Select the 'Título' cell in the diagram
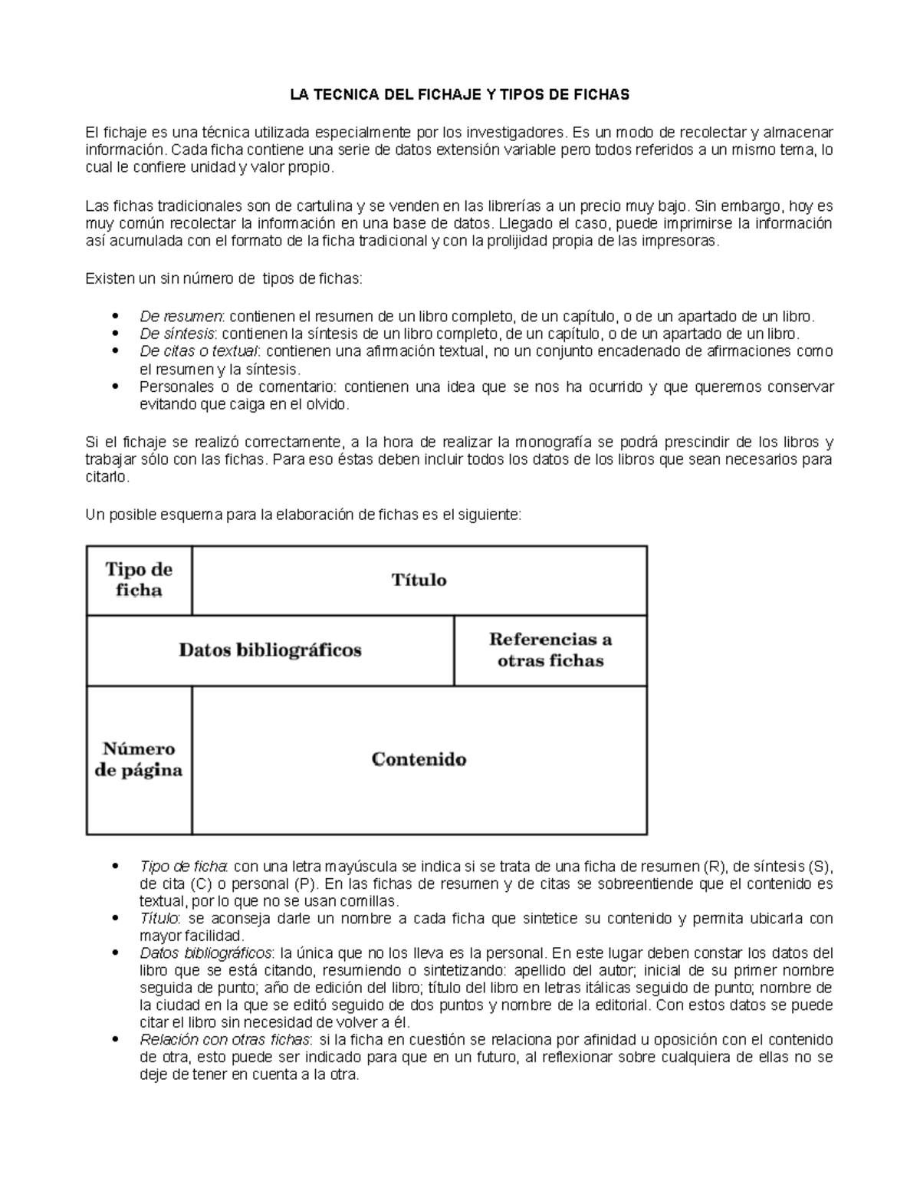coord(419,580)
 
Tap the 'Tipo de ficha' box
coord(139,580)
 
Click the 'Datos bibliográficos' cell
coord(270,650)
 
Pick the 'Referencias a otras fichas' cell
coord(550,650)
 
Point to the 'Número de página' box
coord(139,759)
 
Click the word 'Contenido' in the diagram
coord(419,759)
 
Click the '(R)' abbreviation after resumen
coord(713,867)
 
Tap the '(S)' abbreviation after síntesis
coord(819,867)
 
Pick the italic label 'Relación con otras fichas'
coord(225,1040)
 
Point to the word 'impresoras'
coord(682,241)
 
